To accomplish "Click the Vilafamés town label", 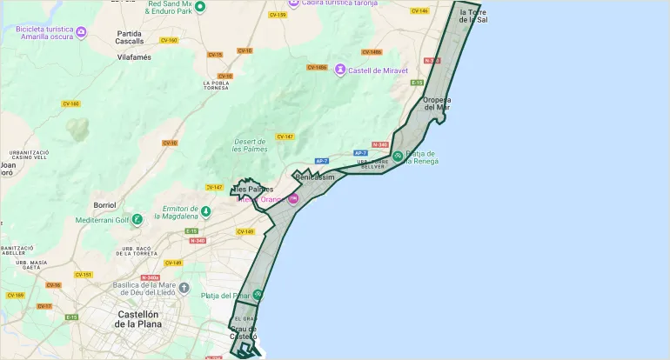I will click(134, 57).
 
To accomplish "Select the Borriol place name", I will click(104, 205).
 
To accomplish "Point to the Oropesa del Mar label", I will click(449, 103).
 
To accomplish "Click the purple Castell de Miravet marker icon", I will click(340, 70).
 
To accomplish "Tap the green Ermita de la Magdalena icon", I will click(205, 211).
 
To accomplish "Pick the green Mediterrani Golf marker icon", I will click(137, 220).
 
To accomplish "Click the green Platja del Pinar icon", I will click(257, 295).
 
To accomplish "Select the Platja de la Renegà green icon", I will click(397, 157).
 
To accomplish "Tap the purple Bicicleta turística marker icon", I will click(81, 33).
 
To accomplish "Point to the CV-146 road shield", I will click(419, 11).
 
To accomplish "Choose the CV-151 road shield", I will click(84, 275).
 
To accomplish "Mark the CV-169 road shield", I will click(15, 295).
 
